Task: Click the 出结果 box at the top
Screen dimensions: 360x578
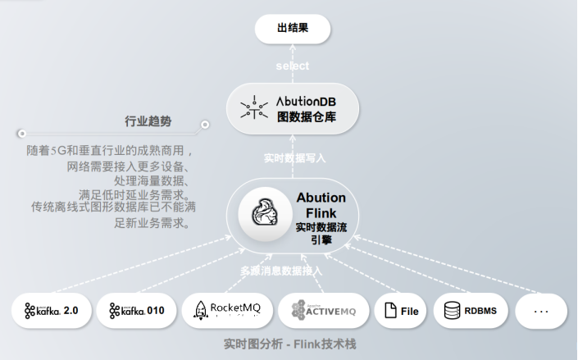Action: click(293, 29)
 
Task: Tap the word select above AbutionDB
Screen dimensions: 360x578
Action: click(293, 65)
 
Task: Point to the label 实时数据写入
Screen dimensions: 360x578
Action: click(293, 157)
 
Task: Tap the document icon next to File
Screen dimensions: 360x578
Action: click(390, 312)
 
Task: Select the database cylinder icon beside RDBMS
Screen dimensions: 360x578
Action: click(451, 312)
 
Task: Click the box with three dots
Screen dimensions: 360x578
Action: click(540, 312)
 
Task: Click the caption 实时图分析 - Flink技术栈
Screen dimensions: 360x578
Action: click(289, 344)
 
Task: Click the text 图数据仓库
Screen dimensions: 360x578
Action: click(307, 117)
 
